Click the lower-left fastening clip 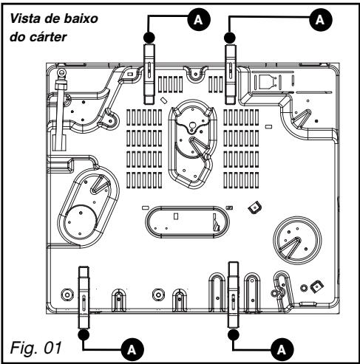(x=84, y=295)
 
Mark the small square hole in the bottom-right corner (x=315, y=284)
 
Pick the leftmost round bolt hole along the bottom (x=67, y=294)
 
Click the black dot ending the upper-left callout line (x=149, y=35)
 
